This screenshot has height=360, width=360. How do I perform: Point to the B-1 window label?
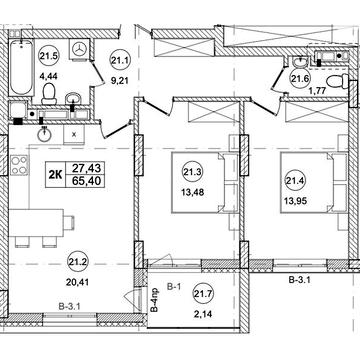click(x=173, y=286)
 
